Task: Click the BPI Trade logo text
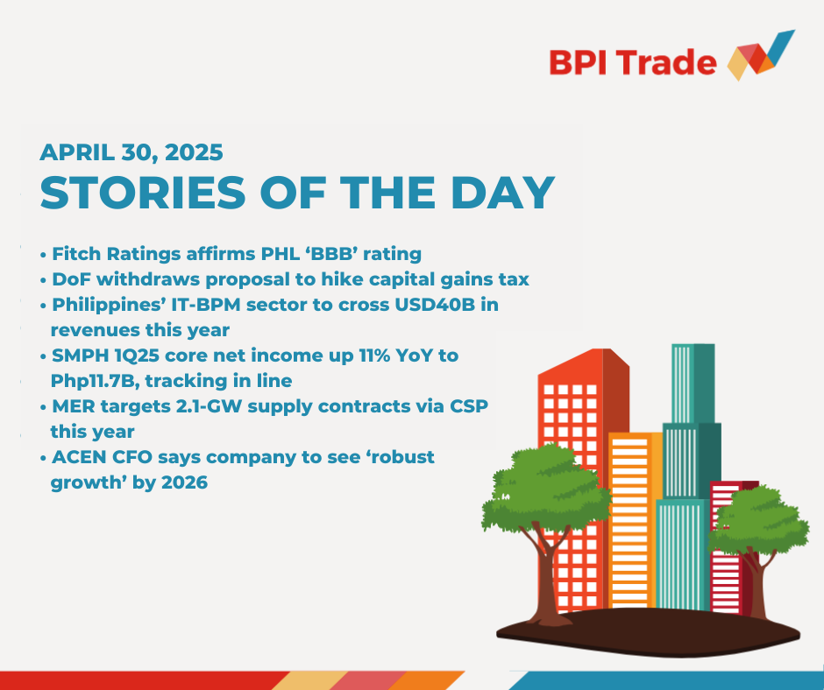pyautogui.click(x=633, y=63)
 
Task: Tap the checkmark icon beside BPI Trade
pyautogui.click(x=761, y=56)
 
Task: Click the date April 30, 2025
pyautogui.click(x=131, y=153)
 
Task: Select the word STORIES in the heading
pyautogui.click(x=144, y=193)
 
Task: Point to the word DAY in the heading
pyautogui.click(x=503, y=193)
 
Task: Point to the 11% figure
pyautogui.click(x=374, y=356)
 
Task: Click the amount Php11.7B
pyautogui.click(x=96, y=381)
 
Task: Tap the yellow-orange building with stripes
pyautogui.click(x=635, y=520)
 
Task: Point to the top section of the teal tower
pyautogui.click(x=693, y=384)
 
